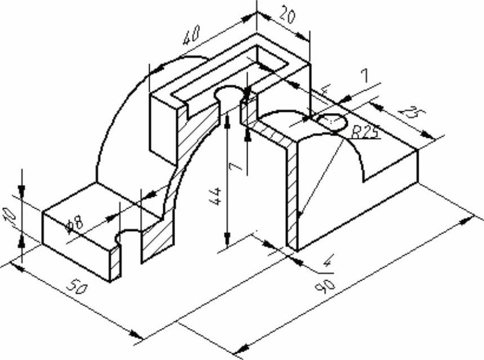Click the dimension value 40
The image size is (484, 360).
(x=191, y=35)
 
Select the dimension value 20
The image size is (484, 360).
(x=287, y=17)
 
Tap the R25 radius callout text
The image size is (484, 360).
(x=365, y=132)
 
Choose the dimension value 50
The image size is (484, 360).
(x=78, y=287)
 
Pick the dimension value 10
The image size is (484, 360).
(x=9, y=218)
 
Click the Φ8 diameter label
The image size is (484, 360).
(x=75, y=224)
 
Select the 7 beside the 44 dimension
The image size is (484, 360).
(x=237, y=166)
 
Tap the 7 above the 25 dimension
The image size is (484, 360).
(x=365, y=76)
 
